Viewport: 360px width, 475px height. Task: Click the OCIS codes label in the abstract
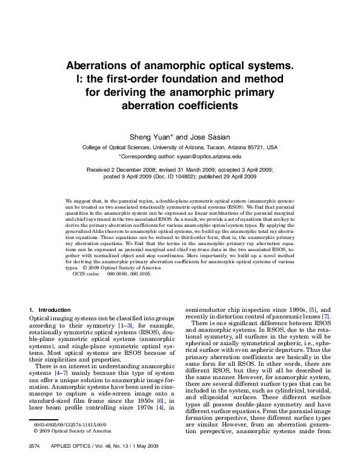click(85, 274)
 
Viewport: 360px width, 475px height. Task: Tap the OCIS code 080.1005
click(140, 274)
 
